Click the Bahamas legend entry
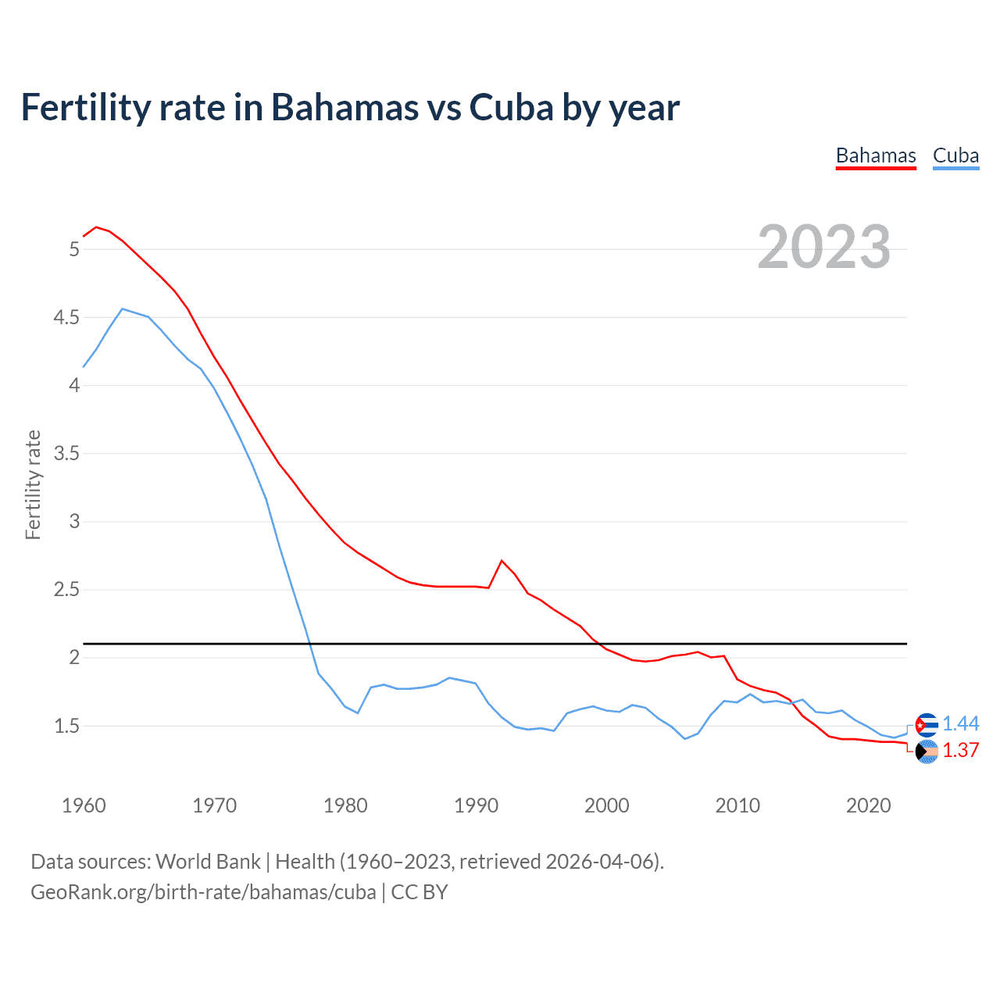tap(875, 156)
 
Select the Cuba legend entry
tap(955, 156)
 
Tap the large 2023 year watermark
tap(823, 247)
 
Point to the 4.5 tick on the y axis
tap(66, 318)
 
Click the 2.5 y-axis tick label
tap(66, 590)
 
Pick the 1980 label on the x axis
tap(345, 805)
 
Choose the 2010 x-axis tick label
tap(737, 805)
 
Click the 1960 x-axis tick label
tap(84, 805)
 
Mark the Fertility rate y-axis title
tap(33, 484)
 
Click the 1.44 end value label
tap(960, 724)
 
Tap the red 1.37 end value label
tap(960, 751)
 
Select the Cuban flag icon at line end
tap(927, 725)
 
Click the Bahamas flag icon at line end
tap(927, 752)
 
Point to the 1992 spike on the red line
tap(502, 561)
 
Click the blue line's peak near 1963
tap(122, 309)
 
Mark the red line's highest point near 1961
tap(96, 227)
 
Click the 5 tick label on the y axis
tap(74, 250)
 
